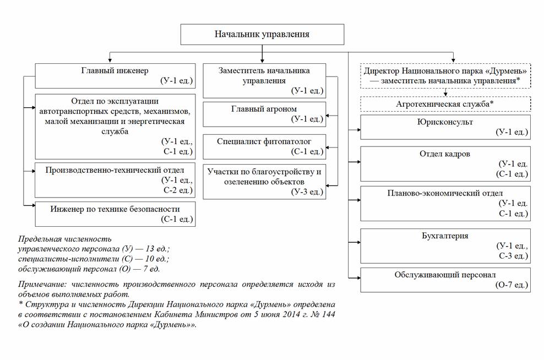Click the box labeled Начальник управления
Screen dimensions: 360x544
[262, 34]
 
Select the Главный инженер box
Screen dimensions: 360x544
[114, 75]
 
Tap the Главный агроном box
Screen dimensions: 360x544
[264, 114]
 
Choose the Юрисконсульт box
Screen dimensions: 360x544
[445, 127]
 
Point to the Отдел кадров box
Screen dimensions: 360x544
[445, 163]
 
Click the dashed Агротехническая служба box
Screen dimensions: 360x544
[445, 103]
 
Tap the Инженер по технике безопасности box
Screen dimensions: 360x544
[114, 214]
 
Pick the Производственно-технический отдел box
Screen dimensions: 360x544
[114, 179]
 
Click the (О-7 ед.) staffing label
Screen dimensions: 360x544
[512, 285]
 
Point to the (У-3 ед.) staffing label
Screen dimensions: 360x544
[307, 192]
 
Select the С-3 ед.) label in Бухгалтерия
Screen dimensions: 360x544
[513, 256]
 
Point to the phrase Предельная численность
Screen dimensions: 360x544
[65, 239]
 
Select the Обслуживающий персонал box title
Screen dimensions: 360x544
[445, 275]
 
